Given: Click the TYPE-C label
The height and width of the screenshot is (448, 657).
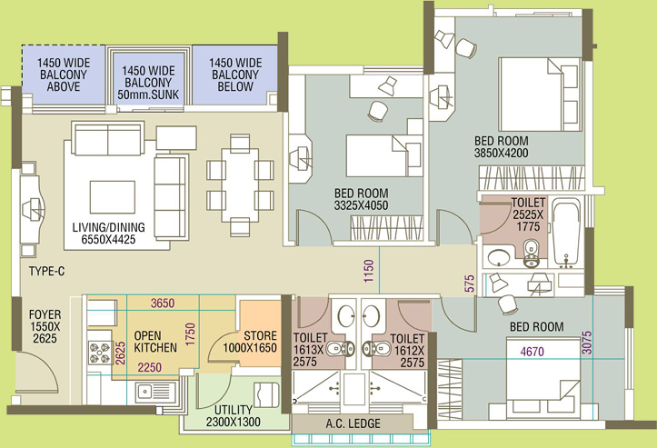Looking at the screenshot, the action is pyautogui.click(x=47, y=271).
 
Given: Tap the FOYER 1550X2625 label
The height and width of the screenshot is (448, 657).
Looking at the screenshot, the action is pyautogui.click(x=45, y=326).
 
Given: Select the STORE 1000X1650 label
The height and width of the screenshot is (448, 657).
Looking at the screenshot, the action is pyautogui.click(x=250, y=342).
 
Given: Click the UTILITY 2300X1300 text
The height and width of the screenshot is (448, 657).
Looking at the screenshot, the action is pyautogui.click(x=233, y=415).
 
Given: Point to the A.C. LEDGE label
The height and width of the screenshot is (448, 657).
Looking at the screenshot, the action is pyautogui.click(x=353, y=423).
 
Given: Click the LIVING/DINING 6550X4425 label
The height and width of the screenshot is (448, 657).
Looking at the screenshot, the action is pyautogui.click(x=109, y=233).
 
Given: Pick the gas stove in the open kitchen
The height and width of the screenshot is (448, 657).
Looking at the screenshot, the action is pyautogui.click(x=99, y=352).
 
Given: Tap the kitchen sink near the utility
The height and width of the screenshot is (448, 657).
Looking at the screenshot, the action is pyautogui.click(x=144, y=393).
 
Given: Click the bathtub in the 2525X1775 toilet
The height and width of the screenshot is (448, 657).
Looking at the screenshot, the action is pyautogui.click(x=566, y=233).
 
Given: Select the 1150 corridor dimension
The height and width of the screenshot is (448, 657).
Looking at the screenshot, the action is pyautogui.click(x=368, y=271).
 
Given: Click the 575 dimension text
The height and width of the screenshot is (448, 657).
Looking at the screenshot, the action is pyautogui.click(x=470, y=284).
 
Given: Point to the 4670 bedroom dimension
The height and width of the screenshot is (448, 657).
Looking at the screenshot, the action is pyautogui.click(x=533, y=351).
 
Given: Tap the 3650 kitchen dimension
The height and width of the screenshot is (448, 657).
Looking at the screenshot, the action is pyautogui.click(x=163, y=303).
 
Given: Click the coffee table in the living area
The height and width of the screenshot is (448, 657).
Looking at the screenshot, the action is pyautogui.click(x=113, y=197).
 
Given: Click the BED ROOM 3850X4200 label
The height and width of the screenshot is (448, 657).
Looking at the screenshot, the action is pyautogui.click(x=501, y=146).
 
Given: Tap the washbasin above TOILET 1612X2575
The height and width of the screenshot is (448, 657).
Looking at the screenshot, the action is pyautogui.click(x=371, y=315).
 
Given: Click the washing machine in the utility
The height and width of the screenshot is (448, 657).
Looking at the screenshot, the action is pyautogui.click(x=266, y=394).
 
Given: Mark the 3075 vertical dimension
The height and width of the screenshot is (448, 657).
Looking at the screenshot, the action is pyautogui.click(x=587, y=343).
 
